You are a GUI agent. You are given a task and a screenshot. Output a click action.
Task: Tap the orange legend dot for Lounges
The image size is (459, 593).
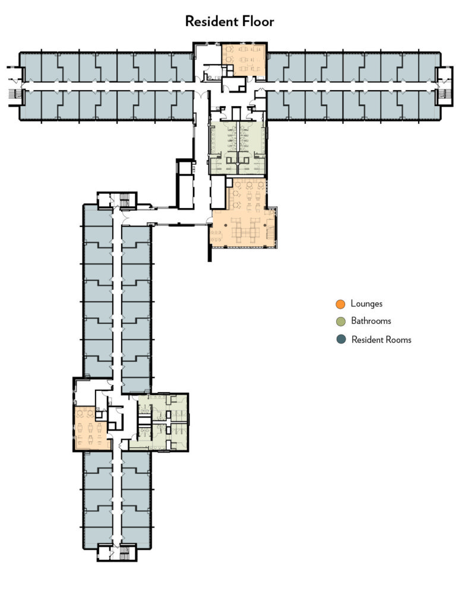(x=340, y=304)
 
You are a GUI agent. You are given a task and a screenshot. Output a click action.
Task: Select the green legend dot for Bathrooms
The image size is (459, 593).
(x=340, y=322)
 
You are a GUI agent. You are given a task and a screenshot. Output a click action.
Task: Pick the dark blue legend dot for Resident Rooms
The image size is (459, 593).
(x=340, y=340)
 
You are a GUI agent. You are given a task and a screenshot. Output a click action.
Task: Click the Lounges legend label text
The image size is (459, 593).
(x=366, y=304)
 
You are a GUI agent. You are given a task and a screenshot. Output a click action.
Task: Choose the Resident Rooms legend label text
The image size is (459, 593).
(x=381, y=340)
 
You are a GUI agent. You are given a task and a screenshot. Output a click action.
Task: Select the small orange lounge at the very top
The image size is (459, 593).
(x=243, y=59)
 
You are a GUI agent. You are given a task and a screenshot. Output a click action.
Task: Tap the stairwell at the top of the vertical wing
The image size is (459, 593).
(x=125, y=200)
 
